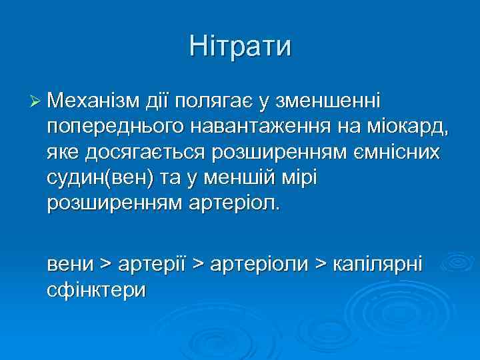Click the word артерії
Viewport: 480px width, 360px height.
click(151, 265)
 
